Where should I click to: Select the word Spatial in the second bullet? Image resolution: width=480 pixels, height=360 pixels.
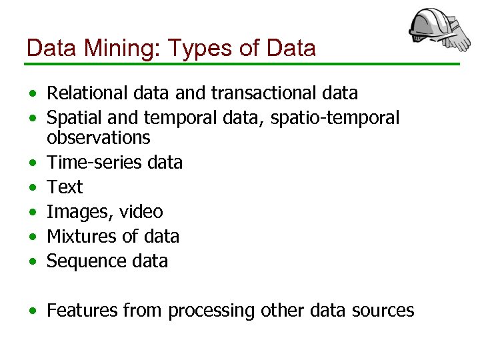[71, 118]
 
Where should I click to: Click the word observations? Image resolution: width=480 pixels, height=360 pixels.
[99, 137]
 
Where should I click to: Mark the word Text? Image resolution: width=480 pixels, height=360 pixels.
[65, 187]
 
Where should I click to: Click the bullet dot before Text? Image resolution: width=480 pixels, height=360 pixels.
[33, 187]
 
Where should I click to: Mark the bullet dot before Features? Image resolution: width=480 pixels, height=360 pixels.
[33, 311]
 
